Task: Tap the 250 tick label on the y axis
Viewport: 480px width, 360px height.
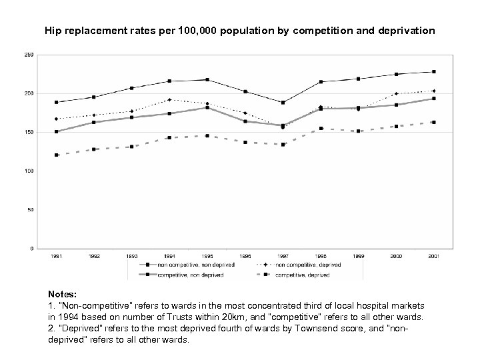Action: pyautogui.click(x=27, y=55)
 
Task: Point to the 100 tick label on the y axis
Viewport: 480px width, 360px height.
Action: pyautogui.click(x=27, y=171)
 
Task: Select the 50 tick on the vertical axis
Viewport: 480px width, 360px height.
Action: pyautogui.click(x=29, y=210)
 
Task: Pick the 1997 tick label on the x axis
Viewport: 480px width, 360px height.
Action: pyautogui.click(x=282, y=255)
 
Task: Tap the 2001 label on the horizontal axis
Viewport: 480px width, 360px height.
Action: pyautogui.click(x=433, y=255)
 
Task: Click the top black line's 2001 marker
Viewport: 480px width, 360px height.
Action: pyautogui.click(x=433, y=71)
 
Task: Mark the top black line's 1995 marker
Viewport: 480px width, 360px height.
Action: pyautogui.click(x=207, y=80)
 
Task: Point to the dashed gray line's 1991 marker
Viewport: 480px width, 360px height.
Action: pyautogui.click(x=56, y=155)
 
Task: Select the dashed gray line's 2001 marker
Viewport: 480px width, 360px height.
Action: pyautogui.click(x=433, y=122)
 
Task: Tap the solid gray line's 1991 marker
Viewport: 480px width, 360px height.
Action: pyautogui.click(x=56, y=131)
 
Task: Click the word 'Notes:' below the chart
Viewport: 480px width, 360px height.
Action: pyautogui.click(x=63, y=293)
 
